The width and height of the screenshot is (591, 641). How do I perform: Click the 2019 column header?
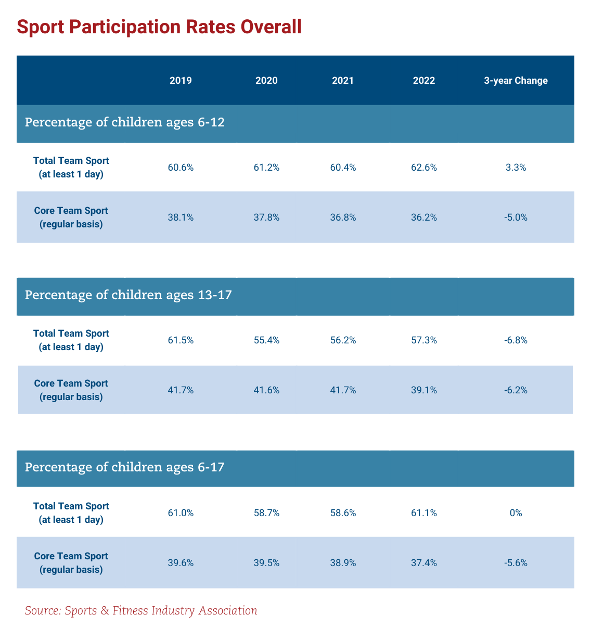click(x=181, y=81)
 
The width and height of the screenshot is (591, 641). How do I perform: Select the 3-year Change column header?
click(x=516, y=81)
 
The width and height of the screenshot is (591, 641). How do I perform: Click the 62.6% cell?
click(x=424, y=168)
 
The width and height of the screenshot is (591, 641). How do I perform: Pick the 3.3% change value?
click(x=516, y=168)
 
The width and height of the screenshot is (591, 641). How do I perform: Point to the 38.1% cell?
click(x=181, y=217)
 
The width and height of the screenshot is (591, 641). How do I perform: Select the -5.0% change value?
click(x=516, y=217)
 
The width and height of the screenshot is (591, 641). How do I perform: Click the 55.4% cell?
click(x=266, y=340)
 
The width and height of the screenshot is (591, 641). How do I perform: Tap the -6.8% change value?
click(x=516, y=340)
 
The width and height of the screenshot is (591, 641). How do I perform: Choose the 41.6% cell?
click(x=266, y=390)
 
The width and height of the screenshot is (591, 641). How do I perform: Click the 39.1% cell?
click(x=424, y=390)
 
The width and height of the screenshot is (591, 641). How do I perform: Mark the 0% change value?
click(x=516, y=513)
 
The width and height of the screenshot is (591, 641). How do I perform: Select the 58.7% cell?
click(x=266, y=513)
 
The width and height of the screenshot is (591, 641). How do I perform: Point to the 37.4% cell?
click(x=424, y=563)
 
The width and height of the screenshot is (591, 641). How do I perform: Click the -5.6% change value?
click(x=516, y=563)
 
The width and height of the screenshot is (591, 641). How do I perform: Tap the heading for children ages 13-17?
click(x=128, y=296)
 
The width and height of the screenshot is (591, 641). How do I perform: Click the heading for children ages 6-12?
click(x=125, y=123)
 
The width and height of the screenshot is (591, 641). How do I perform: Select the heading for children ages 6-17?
click(x=125, y=467)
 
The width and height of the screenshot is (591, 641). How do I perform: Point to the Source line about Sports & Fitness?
click(x=141, y=610)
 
